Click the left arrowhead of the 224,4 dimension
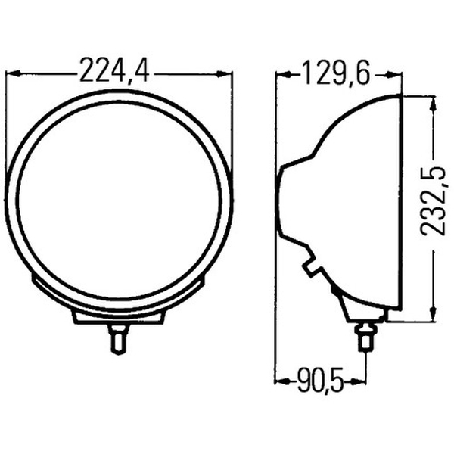[x=12, y=74]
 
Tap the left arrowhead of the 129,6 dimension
[x=281, y=74]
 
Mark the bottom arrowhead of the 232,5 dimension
[x=432, y=313]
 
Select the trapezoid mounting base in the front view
[x=119, y=316]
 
